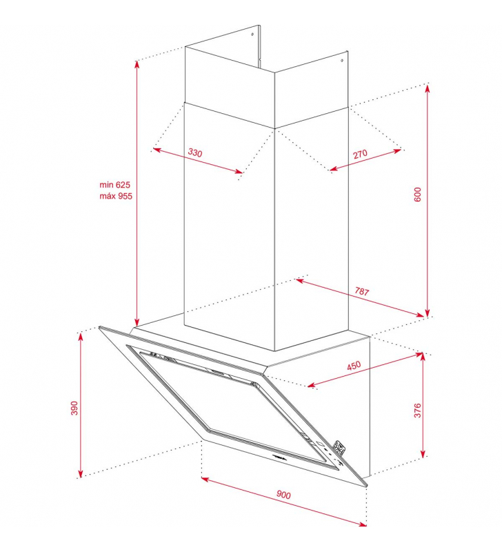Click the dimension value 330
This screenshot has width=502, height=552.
(195, 152)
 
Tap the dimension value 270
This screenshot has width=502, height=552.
(360, 154)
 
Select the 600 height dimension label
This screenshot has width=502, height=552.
(418, 195)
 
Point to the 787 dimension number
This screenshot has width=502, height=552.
(362, 291)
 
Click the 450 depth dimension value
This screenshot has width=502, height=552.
(354, 366)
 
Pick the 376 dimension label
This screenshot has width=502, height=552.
(417, 411)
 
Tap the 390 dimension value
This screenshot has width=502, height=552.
(74, 408)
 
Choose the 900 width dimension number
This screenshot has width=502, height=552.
(283, 495)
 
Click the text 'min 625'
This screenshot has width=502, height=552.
(114, 184)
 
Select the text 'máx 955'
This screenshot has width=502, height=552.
(116, 196)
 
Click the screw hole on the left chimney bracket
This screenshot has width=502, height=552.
(252, 34)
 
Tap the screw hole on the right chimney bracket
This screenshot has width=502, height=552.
(341, 61)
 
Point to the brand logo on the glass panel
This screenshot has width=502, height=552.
(280, 457)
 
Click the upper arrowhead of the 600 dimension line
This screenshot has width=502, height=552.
(428, 88)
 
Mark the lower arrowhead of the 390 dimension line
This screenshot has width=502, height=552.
(81, 474)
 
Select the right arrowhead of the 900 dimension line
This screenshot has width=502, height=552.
(363, 524)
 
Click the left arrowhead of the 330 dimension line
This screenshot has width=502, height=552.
(157, 150)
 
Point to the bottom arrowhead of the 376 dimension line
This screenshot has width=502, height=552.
(423, 454)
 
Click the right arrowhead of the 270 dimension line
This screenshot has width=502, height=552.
(397, 151)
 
